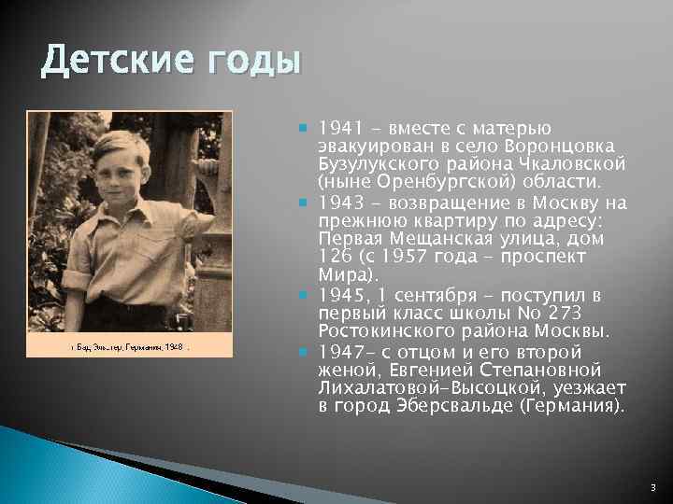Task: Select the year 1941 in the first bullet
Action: pyautogui.click(x=336, y=128)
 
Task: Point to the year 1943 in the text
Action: pyautogui.click(x=336, y=203)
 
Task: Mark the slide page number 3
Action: pyautogui.click(x=651, y=486)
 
